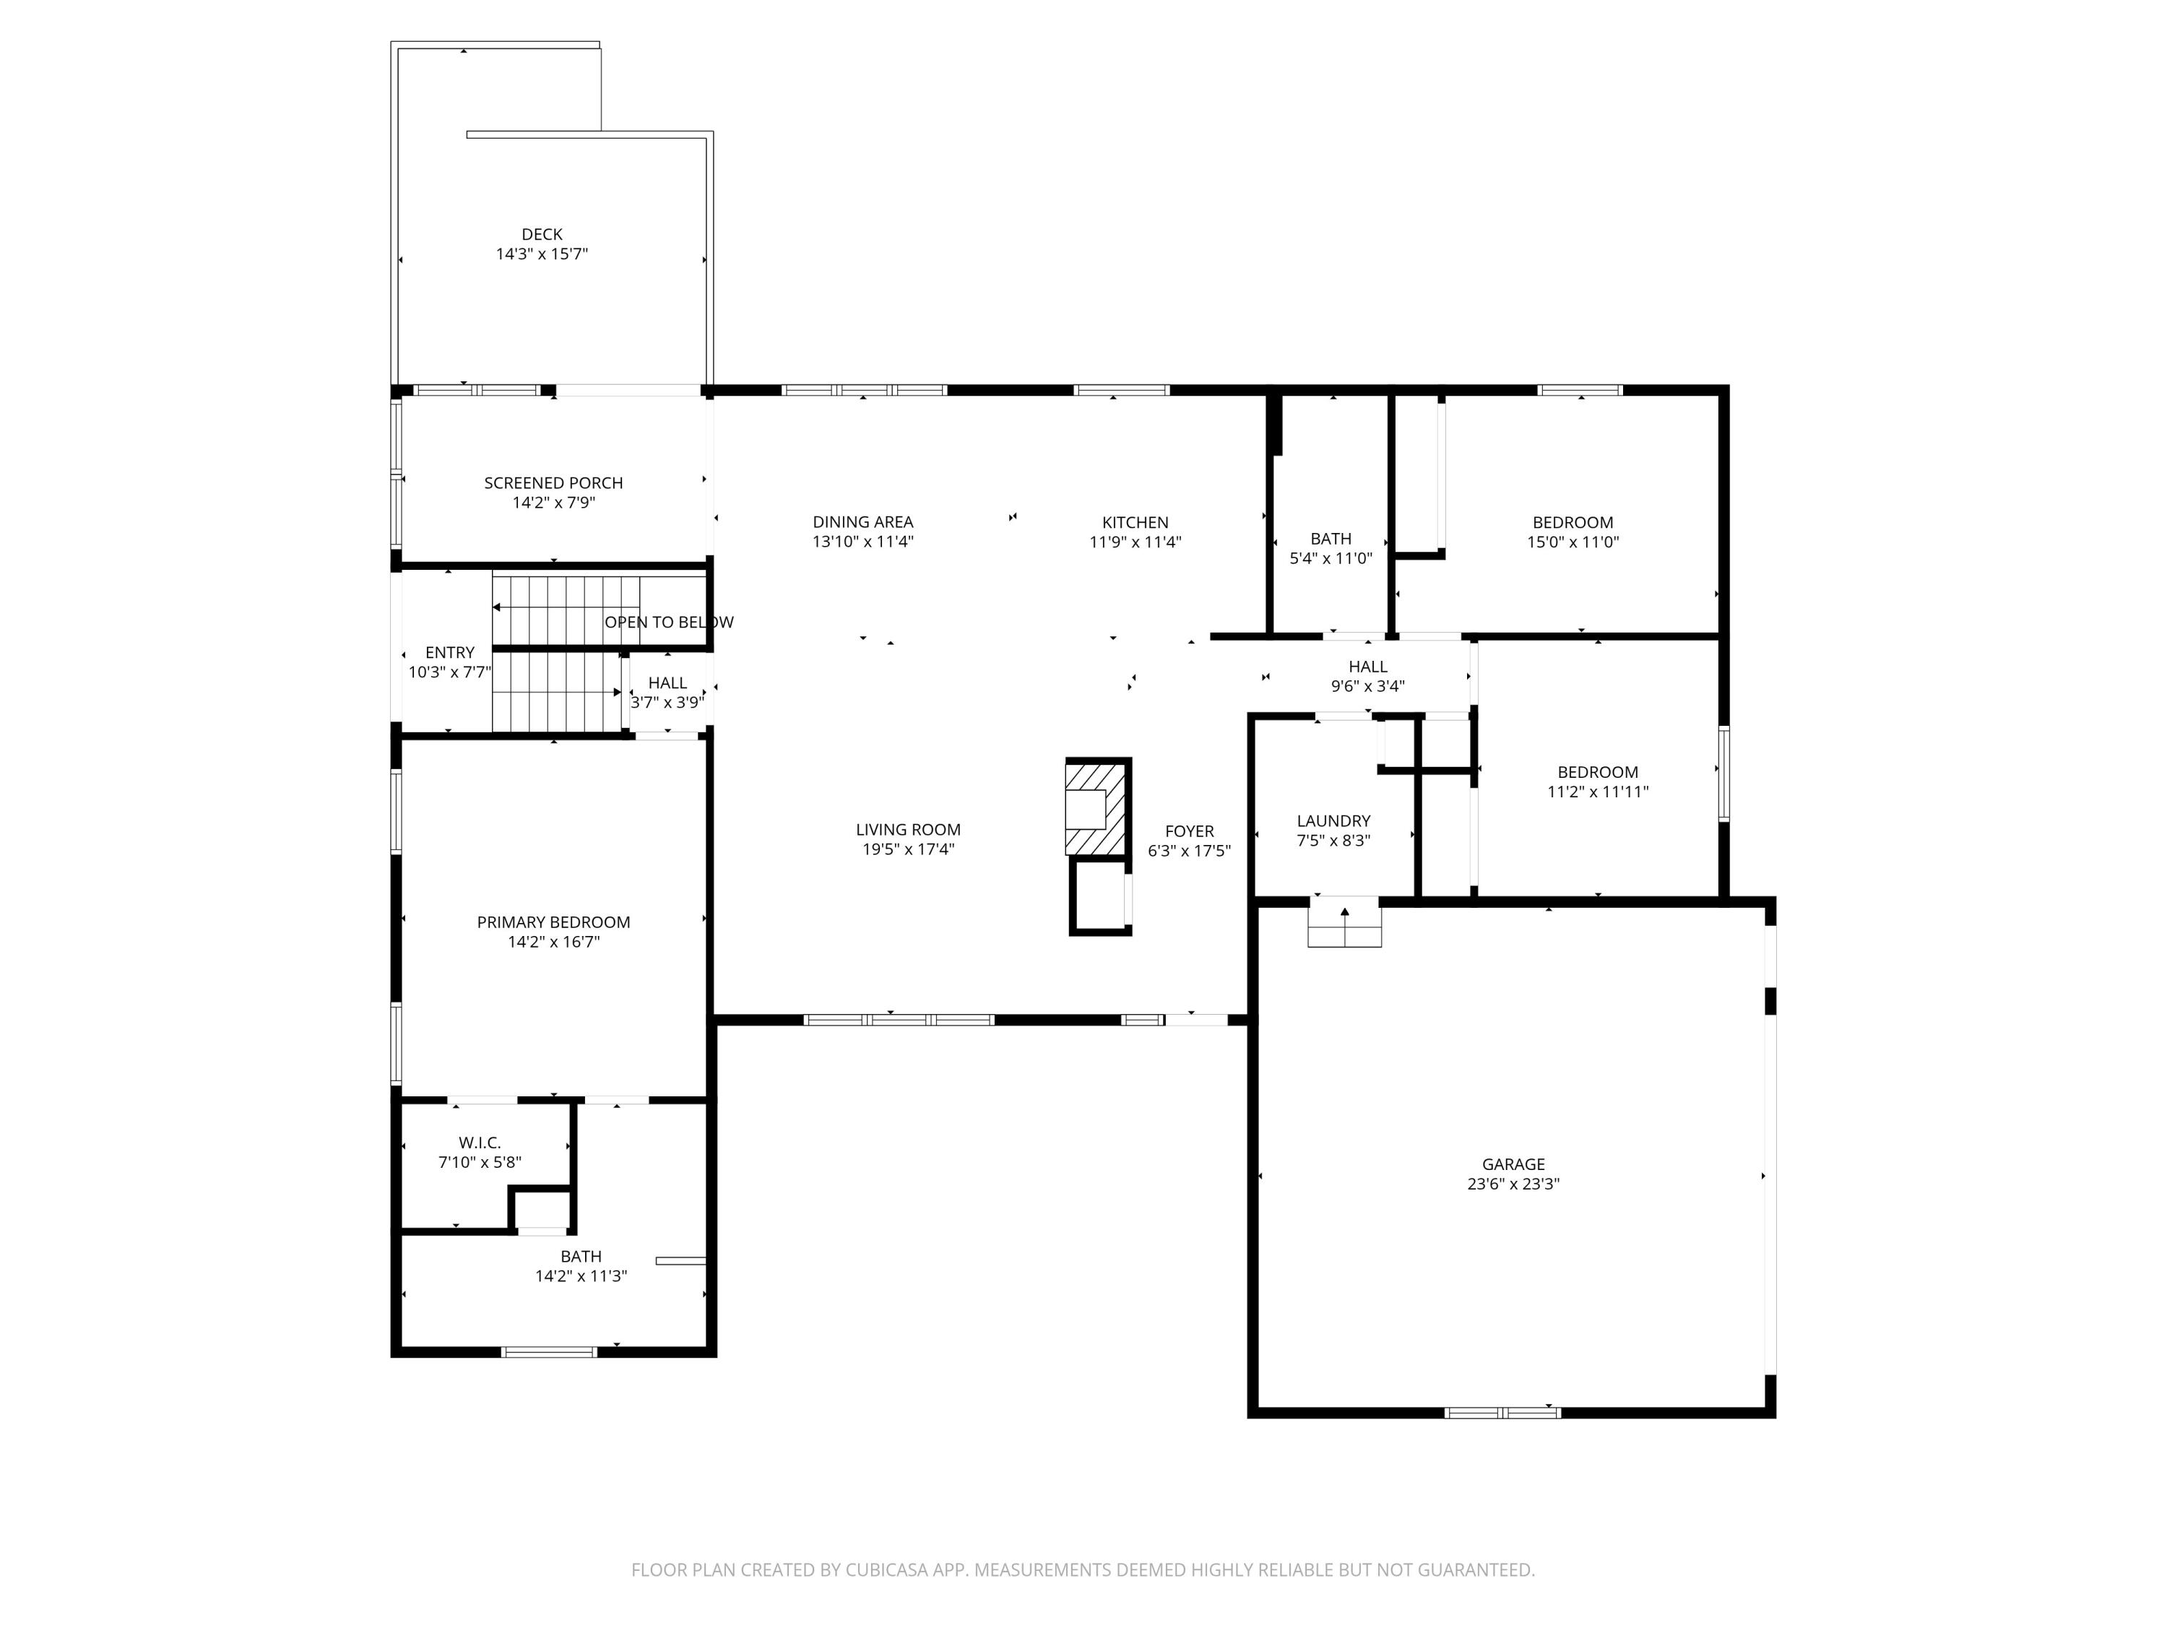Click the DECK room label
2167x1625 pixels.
(542, 234)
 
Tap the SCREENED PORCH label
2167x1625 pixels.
(553, 483)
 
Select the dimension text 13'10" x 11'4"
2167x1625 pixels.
(863, 542)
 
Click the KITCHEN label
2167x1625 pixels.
(1136, 522)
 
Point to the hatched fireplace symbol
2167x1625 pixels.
(1098, 808)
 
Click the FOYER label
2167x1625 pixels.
(1189, 831)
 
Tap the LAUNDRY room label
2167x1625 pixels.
(1333, 821)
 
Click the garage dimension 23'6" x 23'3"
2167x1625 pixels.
(1513, 1183)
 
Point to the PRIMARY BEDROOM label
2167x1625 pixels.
(553, 922)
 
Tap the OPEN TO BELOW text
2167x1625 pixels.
(669, 622)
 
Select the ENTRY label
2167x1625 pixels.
(450, 652)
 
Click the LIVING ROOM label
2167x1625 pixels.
(908, 830)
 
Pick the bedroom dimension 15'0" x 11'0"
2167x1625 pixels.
(1573, 542)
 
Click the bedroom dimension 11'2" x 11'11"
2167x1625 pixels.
(1598, 792)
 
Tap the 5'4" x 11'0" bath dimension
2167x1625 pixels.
(1331, 558)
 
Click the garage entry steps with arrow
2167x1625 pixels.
(1345, 924)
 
